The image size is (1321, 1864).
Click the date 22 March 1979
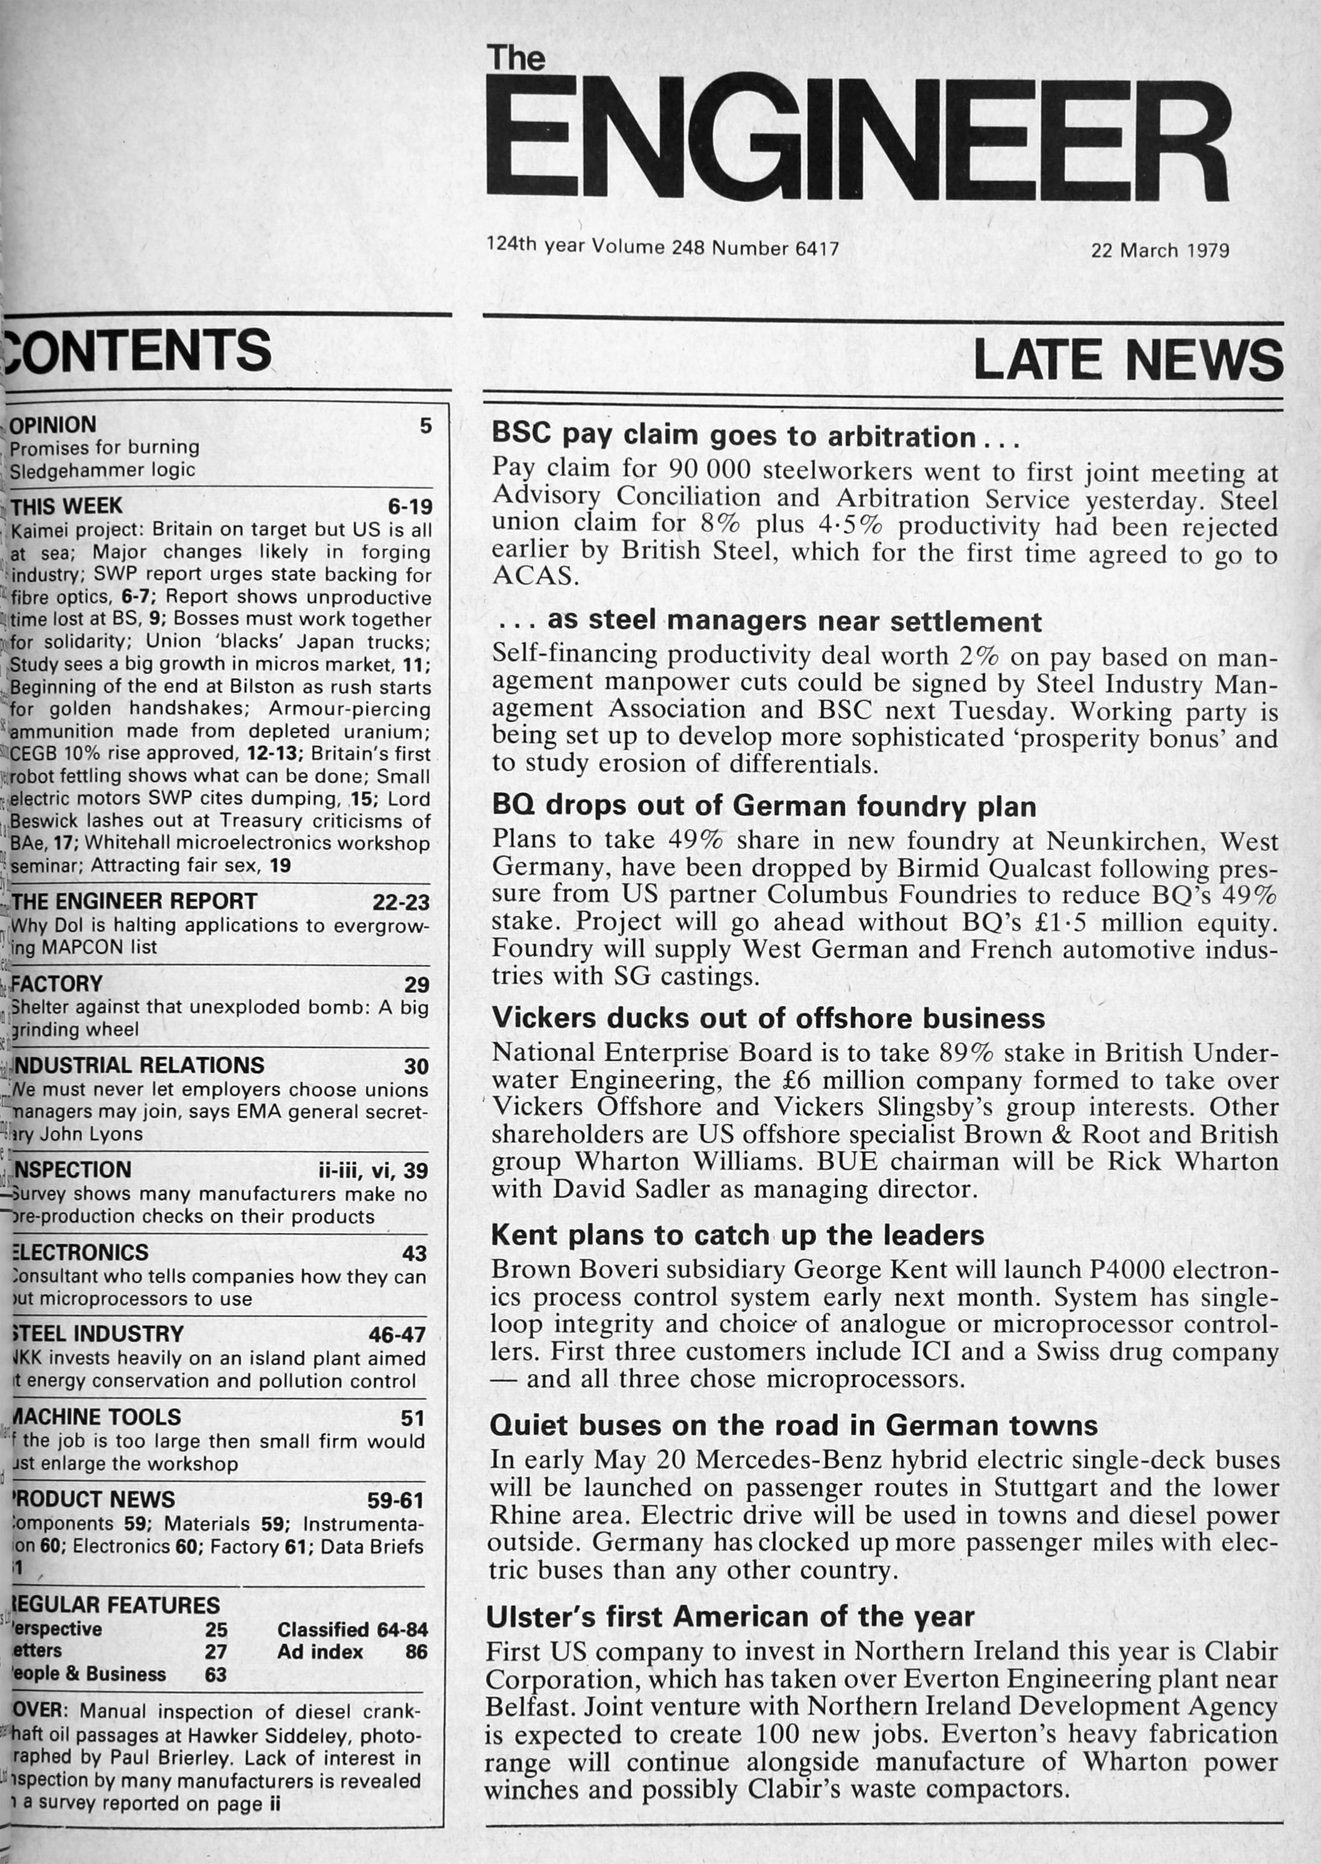pos(1160,250)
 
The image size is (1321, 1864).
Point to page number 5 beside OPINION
pos(425,426)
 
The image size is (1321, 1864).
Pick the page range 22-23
pos(401,903)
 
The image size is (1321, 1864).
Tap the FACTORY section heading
pos(57,984)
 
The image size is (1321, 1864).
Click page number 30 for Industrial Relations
pos(416,1067)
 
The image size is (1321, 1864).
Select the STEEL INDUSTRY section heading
pos(96,1334)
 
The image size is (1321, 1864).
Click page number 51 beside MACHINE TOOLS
pos(413,1418)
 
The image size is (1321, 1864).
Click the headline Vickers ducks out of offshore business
pos(768,1019)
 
